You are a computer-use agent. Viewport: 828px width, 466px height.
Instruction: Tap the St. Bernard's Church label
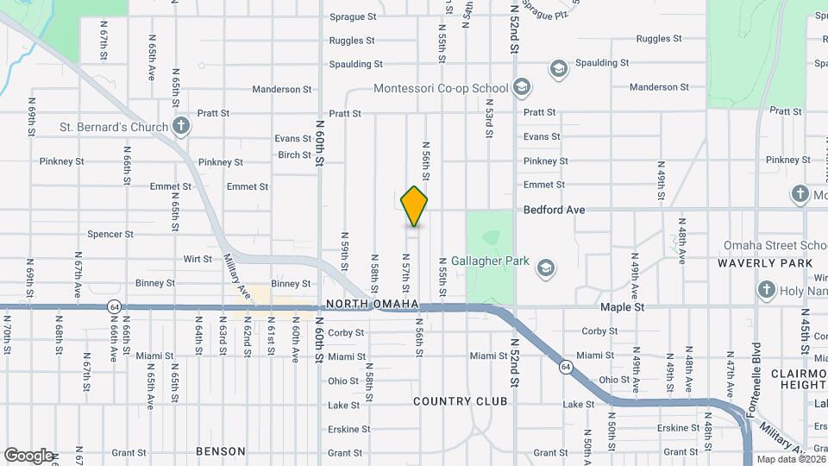[x=114, y=128]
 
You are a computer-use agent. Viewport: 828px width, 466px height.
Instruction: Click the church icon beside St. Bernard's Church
[x=180, y=127]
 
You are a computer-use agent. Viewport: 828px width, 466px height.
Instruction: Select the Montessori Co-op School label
[x=441, y=88]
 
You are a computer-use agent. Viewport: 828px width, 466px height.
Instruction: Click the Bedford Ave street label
[x=555, y=210]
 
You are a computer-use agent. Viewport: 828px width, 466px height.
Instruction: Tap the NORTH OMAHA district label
[x=373, y=305]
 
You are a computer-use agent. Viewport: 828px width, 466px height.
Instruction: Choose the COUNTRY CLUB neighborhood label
[x=455, y=401]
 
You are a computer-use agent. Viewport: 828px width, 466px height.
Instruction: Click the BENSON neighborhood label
[x=221, y=451]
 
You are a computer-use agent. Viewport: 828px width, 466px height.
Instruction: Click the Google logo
[x=28, y=455]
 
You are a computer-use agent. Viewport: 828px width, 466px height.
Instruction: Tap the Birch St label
[x=295, y=155]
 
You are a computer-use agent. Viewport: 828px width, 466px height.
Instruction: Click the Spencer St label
[x=110, y=234]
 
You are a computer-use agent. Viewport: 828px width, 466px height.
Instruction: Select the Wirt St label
[x=198, y=259]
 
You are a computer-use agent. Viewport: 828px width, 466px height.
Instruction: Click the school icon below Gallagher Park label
[x=545, y=268]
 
